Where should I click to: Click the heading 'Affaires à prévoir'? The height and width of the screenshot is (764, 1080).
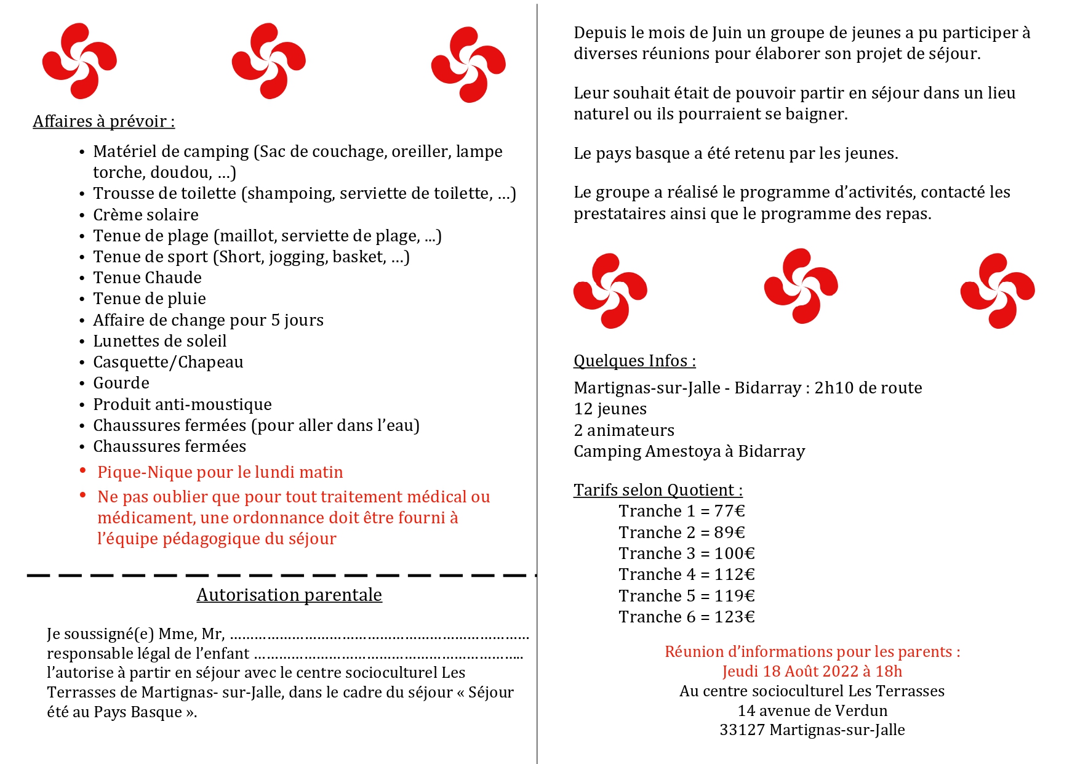103,121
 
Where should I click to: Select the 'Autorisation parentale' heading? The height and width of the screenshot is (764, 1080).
289,595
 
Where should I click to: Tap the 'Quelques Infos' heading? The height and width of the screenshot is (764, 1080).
634,361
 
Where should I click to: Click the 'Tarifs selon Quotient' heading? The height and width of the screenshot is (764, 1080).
658,490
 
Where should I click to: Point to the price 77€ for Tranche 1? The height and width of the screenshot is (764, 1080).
730,511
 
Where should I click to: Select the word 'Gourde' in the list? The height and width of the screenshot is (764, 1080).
121,383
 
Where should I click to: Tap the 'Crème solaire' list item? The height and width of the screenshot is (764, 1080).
146,215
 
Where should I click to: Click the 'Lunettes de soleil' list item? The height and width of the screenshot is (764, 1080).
160,341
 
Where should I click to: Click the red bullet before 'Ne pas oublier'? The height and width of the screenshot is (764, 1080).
82,495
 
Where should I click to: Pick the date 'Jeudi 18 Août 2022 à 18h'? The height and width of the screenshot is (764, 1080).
812,671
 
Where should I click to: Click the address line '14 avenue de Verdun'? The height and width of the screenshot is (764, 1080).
812,710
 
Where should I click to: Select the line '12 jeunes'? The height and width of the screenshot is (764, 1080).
610,409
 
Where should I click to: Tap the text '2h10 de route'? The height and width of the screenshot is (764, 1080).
868,388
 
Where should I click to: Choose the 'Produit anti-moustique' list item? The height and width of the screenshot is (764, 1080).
182,404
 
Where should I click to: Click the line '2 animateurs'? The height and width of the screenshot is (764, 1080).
624,430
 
